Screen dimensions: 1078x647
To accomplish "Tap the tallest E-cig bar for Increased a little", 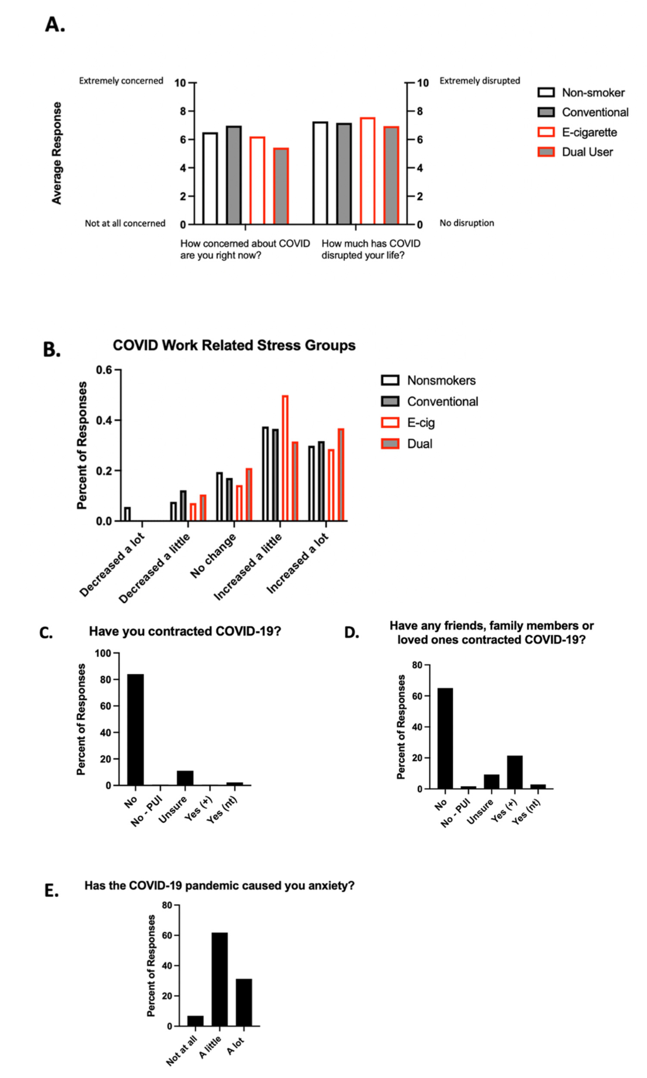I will click(x=285, y=458).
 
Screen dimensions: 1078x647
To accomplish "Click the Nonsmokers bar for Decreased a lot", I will click(x=127, y=514).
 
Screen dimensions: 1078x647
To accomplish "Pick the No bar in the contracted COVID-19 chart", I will click(x=136, y=730).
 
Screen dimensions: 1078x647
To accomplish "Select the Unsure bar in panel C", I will click(x=185, y=778).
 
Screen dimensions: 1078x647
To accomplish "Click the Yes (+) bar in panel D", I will click(x=514, y=772).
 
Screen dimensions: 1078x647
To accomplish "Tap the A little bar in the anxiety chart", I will click(x=219, y=980).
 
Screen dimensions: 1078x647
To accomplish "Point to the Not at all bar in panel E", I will click(x=195, y=1021).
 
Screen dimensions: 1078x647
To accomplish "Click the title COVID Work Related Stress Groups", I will click(x=234, y=346).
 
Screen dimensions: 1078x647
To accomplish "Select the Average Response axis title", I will click(x=56, y=153).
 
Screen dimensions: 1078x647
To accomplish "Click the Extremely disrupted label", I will click(x=479, y=81).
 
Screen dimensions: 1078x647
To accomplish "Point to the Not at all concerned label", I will click(x=125, y=223).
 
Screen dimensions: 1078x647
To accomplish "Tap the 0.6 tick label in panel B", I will click(x=104, y=370).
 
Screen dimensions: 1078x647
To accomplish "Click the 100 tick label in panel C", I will click(x=103, y=653).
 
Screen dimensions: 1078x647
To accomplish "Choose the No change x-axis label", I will click(x=214, y=556).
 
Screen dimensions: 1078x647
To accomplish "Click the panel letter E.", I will click(x=52, y=891).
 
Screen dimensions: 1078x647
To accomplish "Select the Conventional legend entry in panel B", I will click(x=442, y=402).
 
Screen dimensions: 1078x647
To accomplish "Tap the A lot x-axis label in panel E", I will click(x=236, y=1046).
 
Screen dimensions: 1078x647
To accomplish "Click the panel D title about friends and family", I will click(x=491, y=633).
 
